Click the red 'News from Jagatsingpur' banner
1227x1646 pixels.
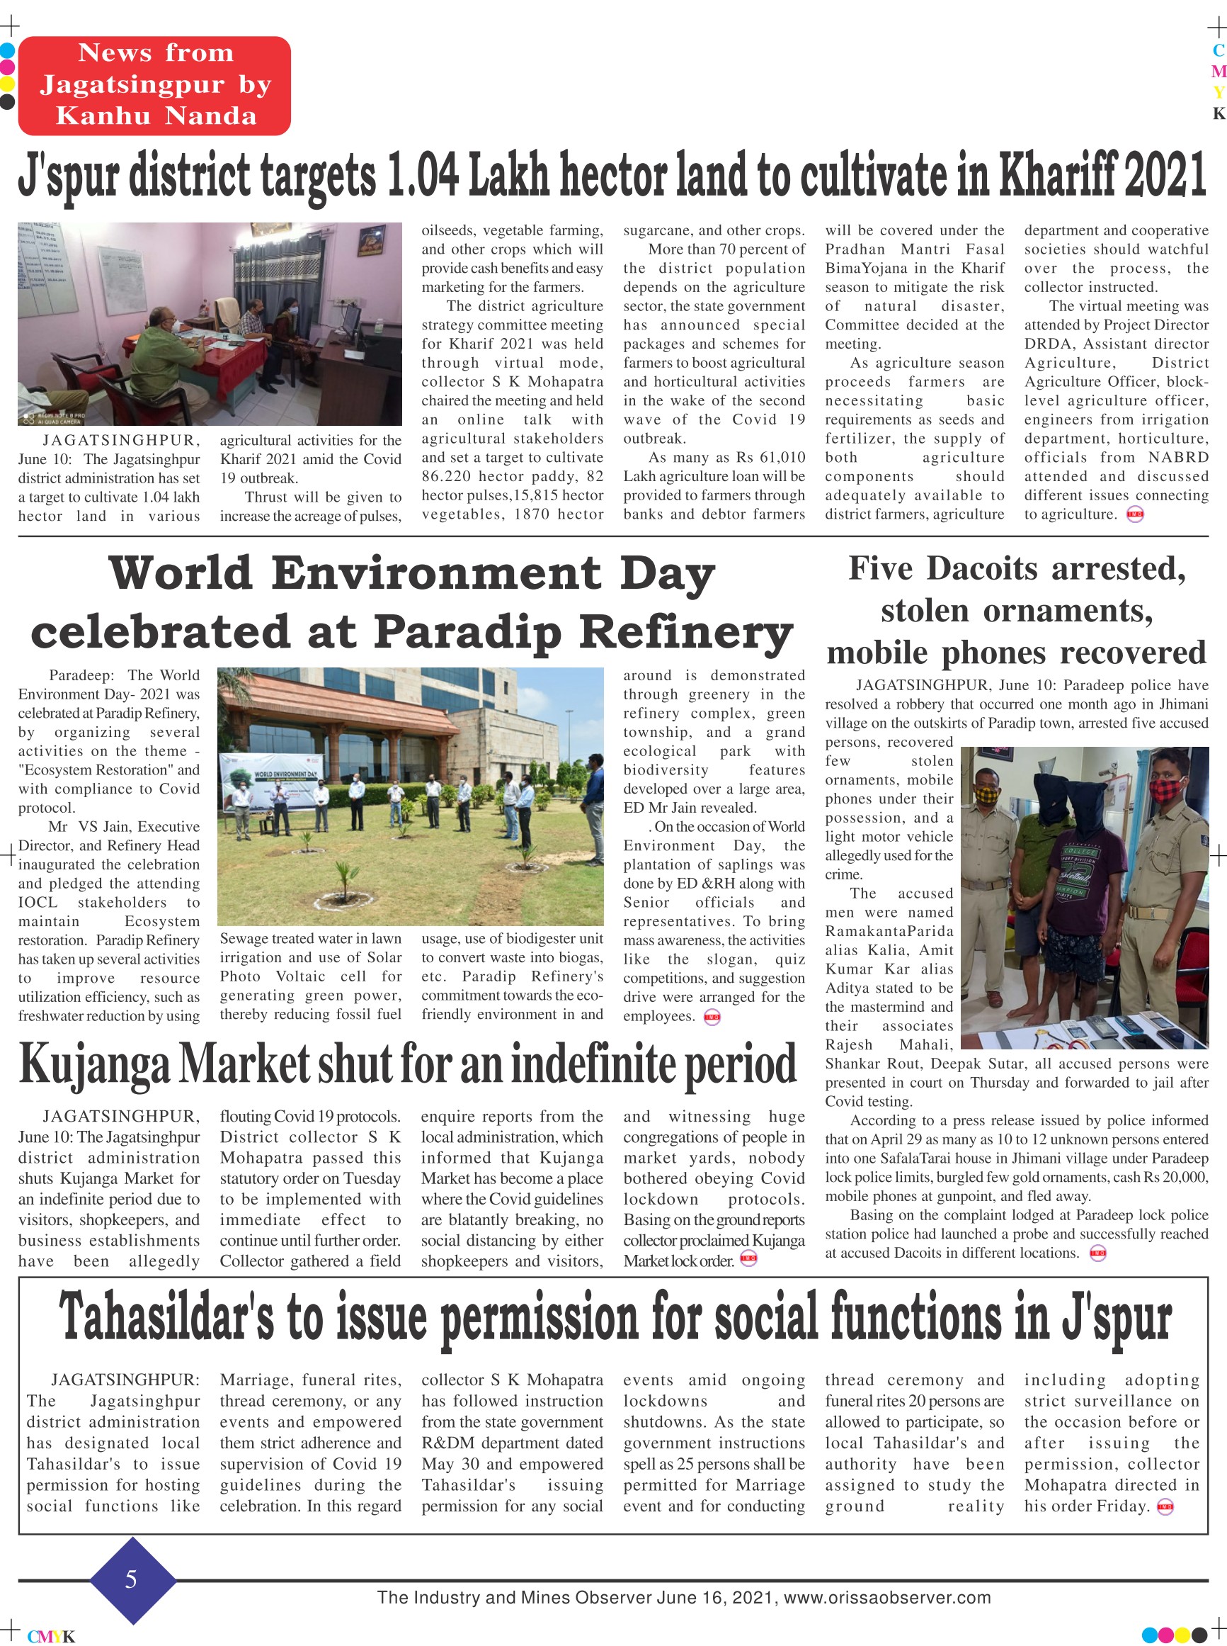154,85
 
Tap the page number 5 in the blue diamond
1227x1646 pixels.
132,1579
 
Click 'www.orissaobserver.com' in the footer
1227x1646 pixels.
887,1598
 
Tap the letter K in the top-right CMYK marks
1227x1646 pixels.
1218,113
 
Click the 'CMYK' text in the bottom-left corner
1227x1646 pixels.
51,1636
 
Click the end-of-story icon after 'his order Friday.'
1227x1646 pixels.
1165,1507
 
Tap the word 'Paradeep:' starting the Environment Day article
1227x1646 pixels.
81,675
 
